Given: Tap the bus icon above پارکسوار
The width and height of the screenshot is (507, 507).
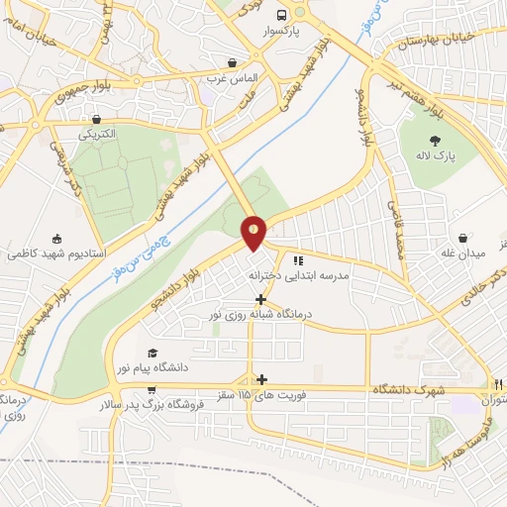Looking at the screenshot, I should (x=282, y=15).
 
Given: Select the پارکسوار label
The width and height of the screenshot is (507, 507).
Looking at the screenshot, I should (x=282, y=32).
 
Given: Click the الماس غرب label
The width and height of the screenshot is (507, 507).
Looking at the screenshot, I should (x=231, y=76).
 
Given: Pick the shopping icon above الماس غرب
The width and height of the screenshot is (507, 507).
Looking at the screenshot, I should (x=232, y=60).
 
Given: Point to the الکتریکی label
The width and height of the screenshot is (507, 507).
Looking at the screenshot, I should (x=96, y=133).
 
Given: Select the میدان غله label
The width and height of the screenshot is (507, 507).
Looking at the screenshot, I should (x=463, y=254).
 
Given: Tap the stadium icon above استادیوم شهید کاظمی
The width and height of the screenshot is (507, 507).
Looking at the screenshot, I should (x=56, y=238).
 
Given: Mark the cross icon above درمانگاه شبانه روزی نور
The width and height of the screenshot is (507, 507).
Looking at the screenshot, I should (x=260, y=299).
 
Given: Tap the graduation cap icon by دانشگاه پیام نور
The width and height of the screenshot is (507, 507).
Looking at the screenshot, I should (x=152, y=353).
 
